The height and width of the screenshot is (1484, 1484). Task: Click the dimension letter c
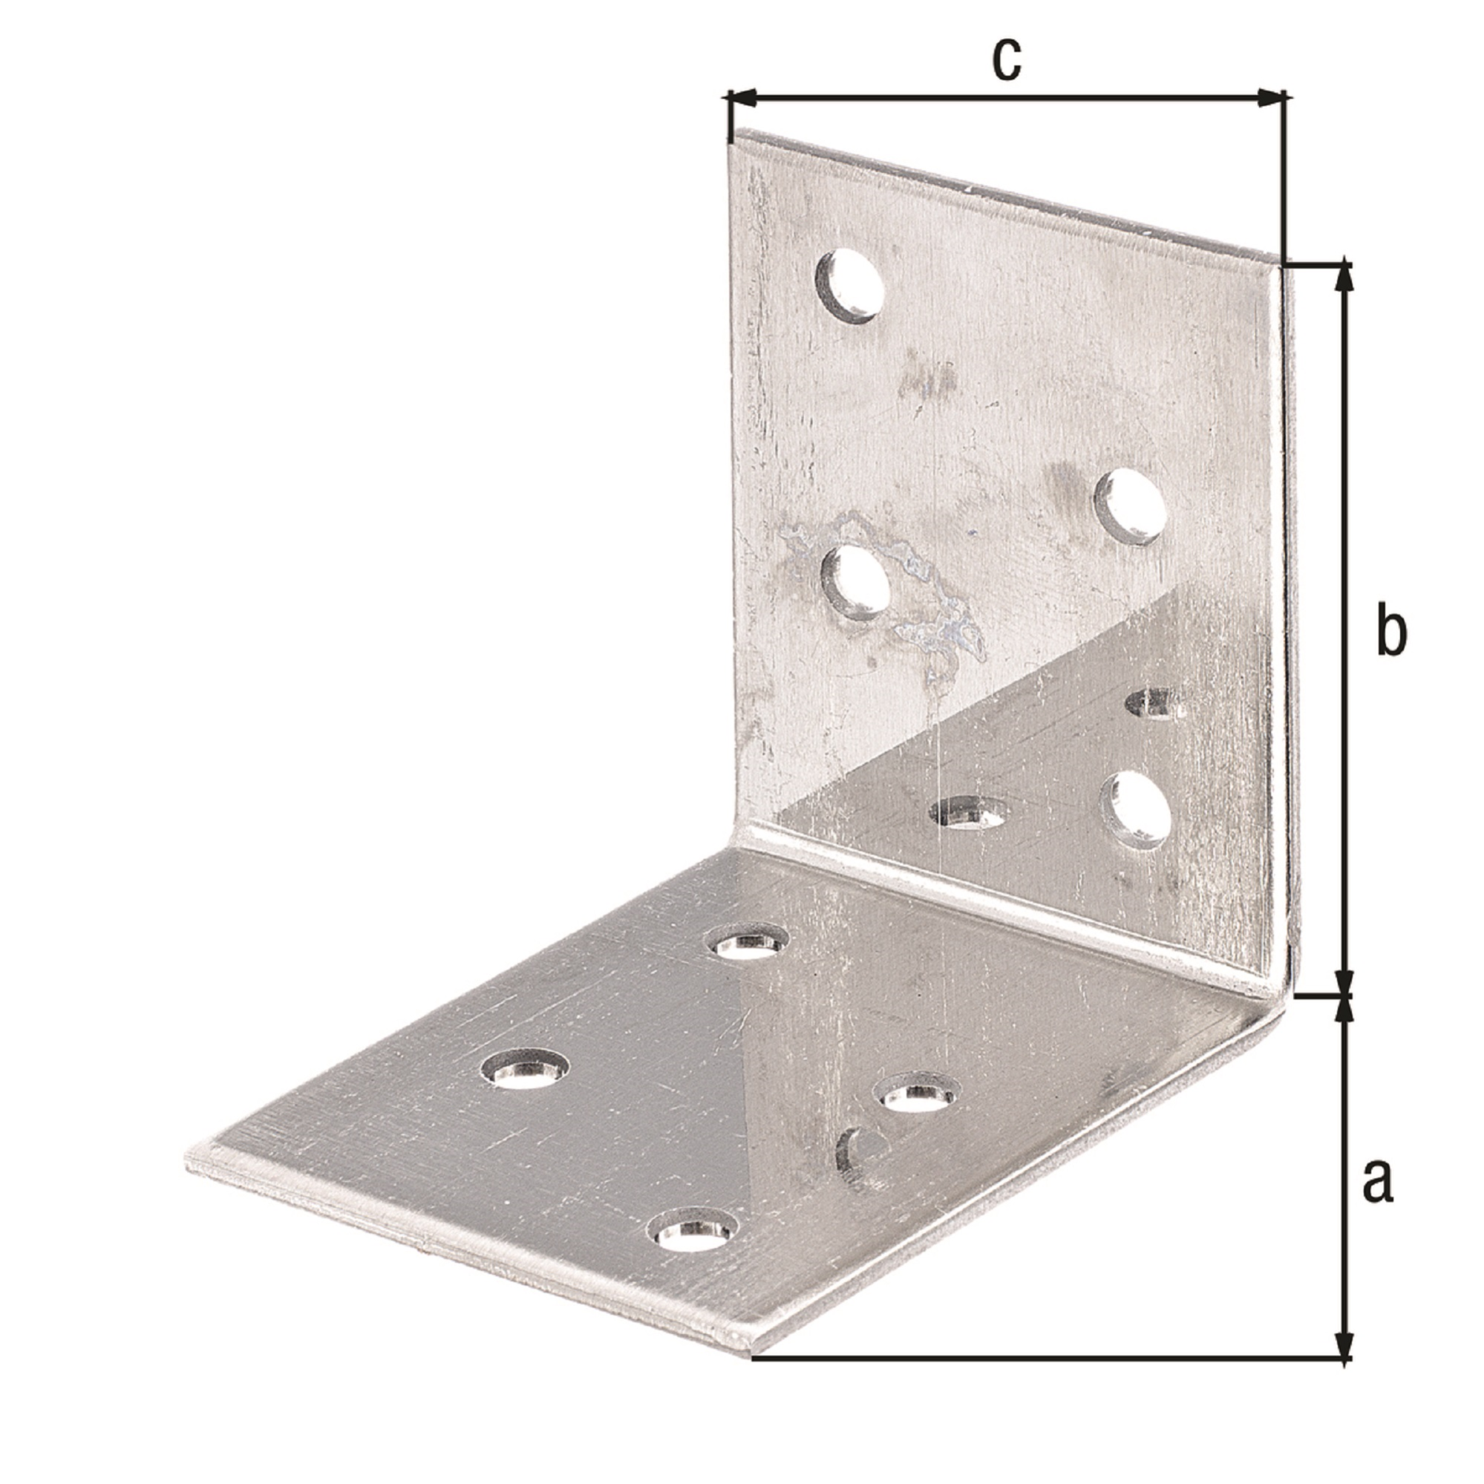[x=1006, y=59]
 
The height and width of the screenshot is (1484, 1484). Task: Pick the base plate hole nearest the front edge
[x=693, y=1256]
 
